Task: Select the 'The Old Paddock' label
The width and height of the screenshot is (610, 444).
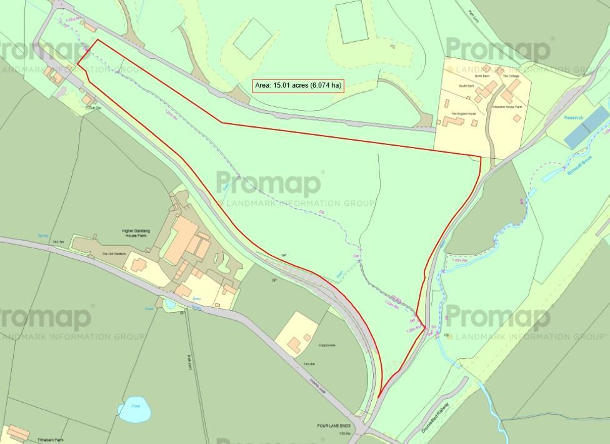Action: click(114, 255)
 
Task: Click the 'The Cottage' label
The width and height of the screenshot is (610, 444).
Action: click(511, 76)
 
